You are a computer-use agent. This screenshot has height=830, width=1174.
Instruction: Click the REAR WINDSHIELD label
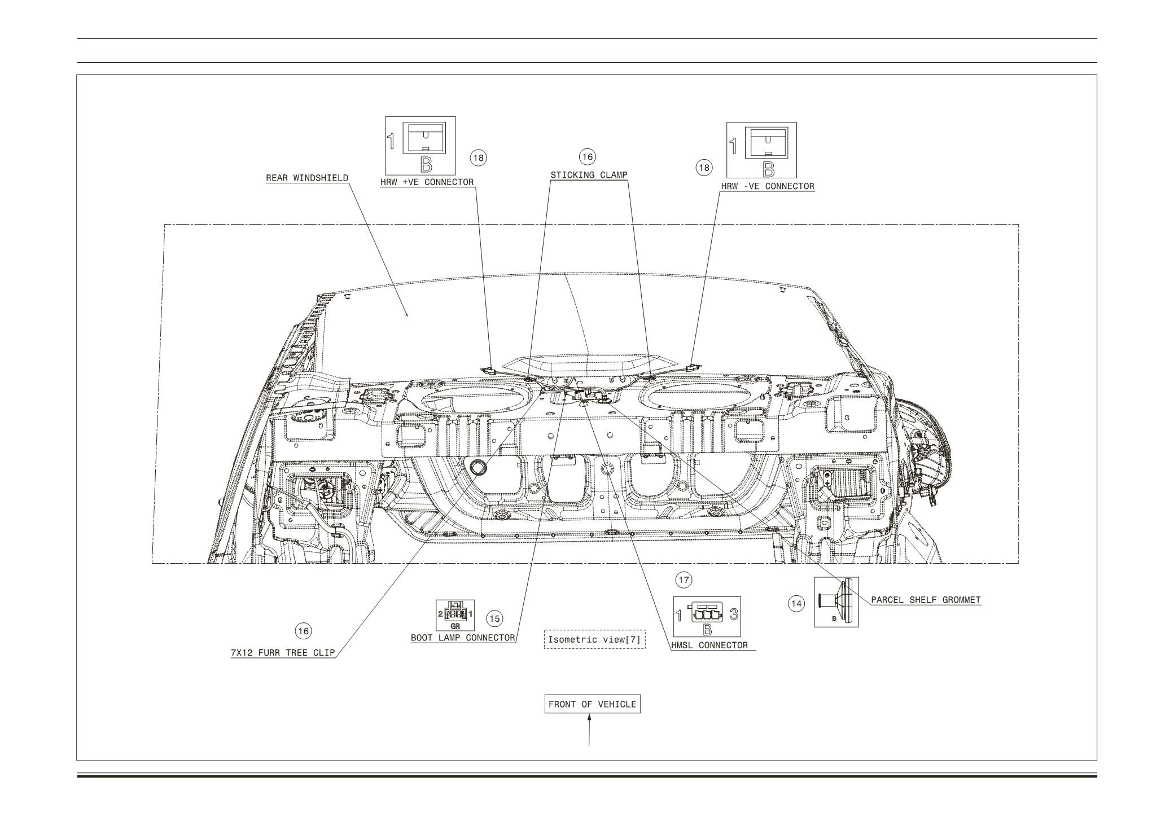click(307, 178)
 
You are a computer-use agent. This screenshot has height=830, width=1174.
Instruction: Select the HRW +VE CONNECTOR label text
click(427, 182)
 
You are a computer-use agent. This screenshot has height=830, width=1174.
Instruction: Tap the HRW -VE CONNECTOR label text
click(767, 186)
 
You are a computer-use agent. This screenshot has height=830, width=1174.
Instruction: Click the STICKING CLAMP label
click(589, 175)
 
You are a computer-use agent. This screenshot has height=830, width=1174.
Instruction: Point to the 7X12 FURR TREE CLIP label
click(283, 653)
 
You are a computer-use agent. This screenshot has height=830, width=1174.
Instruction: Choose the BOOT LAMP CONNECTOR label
click(462, 638)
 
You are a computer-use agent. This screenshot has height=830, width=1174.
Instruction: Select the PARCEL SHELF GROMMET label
click(926, 600)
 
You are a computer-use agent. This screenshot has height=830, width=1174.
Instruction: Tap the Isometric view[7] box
click(594, 640)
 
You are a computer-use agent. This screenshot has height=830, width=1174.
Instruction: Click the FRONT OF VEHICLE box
click(592, 704)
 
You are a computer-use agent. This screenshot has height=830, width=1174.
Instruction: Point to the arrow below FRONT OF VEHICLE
click(590, 731)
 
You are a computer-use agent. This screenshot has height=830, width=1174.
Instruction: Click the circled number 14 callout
click(796, 604)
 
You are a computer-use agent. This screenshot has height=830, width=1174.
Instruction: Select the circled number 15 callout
click(494, 618)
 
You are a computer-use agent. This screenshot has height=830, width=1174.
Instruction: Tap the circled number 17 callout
click(684, 579)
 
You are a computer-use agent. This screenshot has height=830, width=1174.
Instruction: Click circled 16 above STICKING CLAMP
click(588, 156)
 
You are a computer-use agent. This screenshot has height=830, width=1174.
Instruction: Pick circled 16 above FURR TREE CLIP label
click(304, 631)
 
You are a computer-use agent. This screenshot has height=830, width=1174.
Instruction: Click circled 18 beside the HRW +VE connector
click(478, 157)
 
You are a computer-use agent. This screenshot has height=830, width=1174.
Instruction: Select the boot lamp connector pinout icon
click(455, 616)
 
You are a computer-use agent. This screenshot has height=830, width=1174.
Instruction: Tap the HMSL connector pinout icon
click(707, 617)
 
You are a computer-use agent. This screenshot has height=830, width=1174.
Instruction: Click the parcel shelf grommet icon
click(836, 602)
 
